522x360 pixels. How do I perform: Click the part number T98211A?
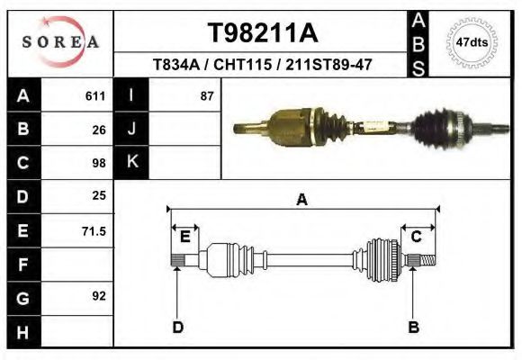click(263, 33)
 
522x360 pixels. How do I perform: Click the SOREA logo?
click(60, 42)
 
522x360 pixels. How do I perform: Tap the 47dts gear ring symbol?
click(472, 41)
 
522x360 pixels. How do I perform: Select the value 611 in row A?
click(95, 96)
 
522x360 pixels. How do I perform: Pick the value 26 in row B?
click(99, 130)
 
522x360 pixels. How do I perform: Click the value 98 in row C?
click(99, 163)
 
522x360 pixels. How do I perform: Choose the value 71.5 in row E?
click(94, 230)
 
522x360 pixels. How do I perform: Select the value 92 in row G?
click(99, 296)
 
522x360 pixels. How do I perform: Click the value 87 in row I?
click(206, 96)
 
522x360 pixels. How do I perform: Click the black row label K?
click(131, 162)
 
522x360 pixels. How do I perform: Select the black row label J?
click(131, 130)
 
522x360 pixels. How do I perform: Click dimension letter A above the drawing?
click(301, 200)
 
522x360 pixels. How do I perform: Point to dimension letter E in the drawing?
click(184, 237)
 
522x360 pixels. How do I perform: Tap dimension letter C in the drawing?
click(417, 237)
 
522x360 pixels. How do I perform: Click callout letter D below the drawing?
click(177, 327)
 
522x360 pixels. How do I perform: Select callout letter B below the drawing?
click(413, 327)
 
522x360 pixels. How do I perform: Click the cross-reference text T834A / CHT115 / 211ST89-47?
click(263, 65)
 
